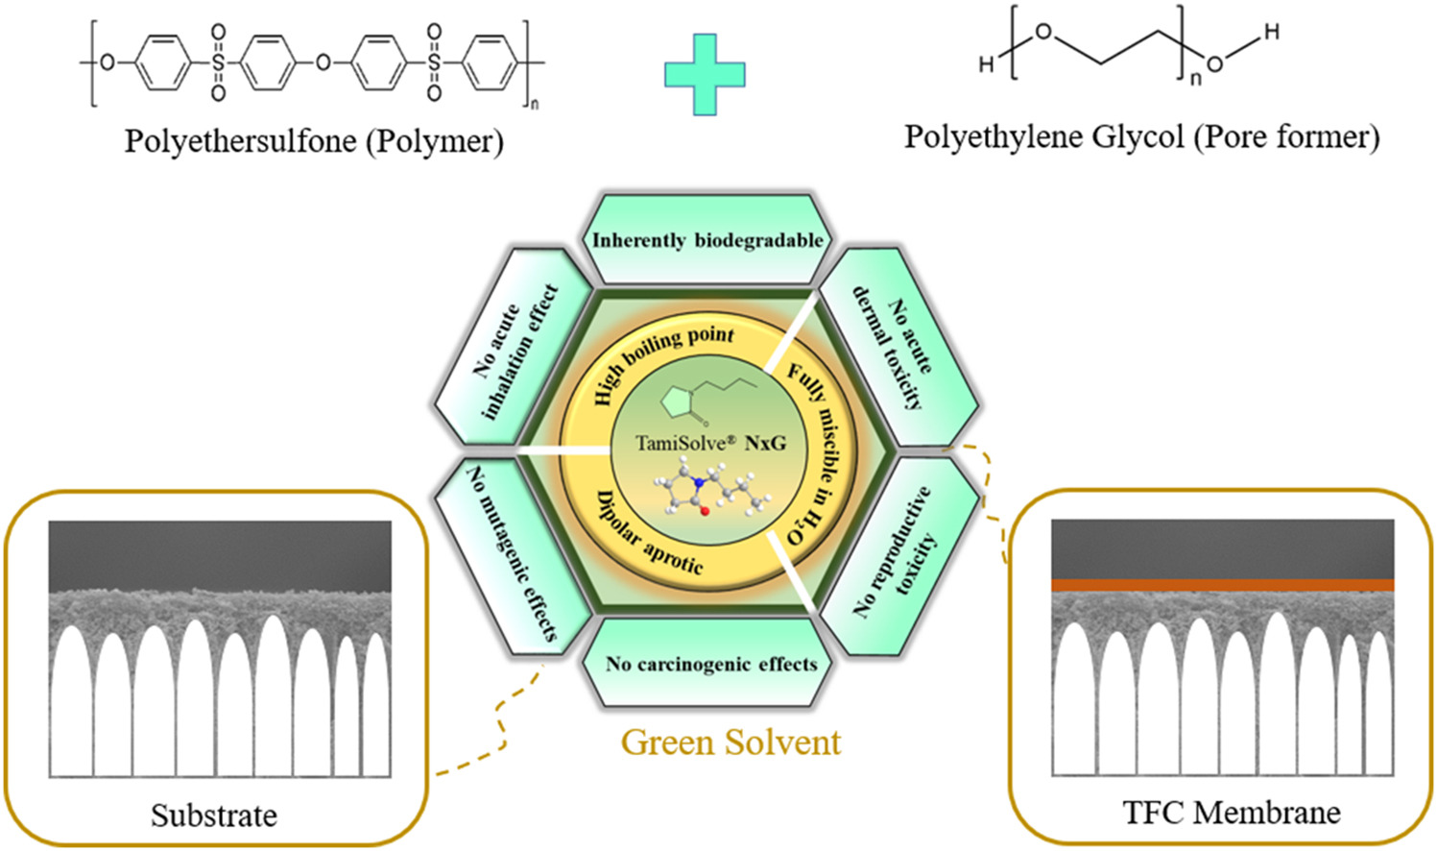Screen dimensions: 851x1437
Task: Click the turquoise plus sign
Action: click(x=705, y=75)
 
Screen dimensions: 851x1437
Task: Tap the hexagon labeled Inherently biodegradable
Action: click(x=707, y=239)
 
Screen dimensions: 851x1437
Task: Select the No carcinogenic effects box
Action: click(x=710, y=664)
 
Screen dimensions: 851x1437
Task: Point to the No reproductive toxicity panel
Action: click(x=898, y=551)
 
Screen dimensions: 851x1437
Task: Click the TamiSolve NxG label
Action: click(x=710, y=443)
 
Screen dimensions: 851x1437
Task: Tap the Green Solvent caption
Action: click(x=730, y=742)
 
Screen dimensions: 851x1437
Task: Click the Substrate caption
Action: click(x=214, y=815)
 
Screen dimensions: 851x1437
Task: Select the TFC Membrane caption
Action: click(x=1232, y=813)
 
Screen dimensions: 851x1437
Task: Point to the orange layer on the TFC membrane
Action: click(x=1222, y=585)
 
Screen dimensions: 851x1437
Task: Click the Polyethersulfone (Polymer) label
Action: click(x=314, y=141)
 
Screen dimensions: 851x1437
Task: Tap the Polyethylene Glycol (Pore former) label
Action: click(x=1141, y=136)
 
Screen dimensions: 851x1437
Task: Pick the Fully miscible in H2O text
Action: click(x=813, y=451)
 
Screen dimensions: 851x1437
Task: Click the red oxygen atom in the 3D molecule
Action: click(x=705, y=511)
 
